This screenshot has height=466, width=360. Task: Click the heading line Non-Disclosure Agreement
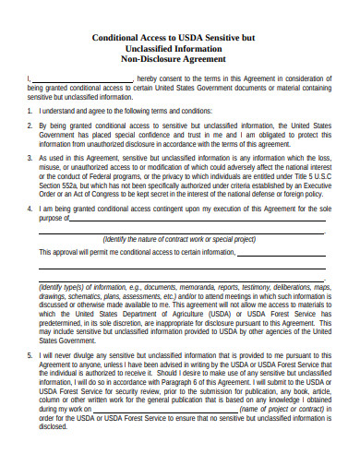[x=180, y=57]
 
